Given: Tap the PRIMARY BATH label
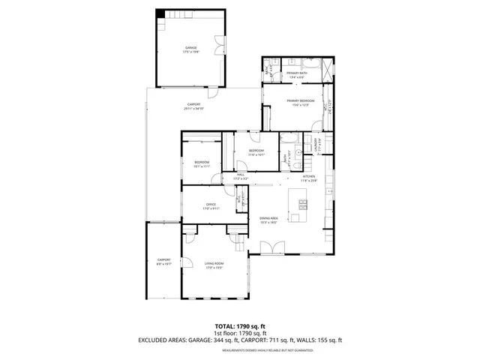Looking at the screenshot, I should [x=296, y=73].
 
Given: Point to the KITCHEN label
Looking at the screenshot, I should [x=309, y=177].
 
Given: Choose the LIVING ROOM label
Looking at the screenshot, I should [x=214, y=263].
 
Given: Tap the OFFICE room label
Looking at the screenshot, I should [x=211, y=205].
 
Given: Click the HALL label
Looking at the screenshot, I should [x=240, y=175].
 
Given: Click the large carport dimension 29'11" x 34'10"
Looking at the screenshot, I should [x=193, y=106].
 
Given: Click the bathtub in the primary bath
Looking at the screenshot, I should [x=328, y=72].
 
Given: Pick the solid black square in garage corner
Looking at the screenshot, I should [x=160, y=14].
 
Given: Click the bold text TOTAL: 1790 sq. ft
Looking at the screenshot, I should [x=240, y=327].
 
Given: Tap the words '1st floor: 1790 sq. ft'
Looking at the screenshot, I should [x=240, y=333].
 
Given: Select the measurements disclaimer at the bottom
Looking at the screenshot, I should [x=240, y=348].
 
